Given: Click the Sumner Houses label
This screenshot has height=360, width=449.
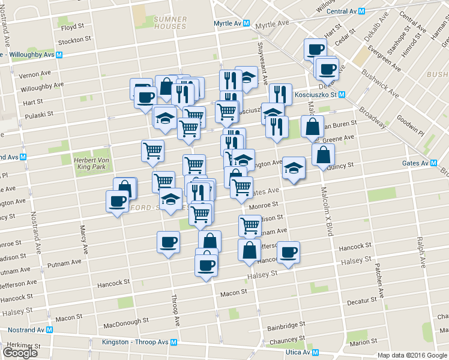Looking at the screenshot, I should tap(170, 23).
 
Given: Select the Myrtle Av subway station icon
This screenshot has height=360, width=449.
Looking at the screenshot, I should tap(246, 23).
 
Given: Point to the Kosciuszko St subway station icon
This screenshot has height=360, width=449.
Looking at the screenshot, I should tap(342, 95).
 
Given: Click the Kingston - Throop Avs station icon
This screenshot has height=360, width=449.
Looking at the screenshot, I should tap(173, 343).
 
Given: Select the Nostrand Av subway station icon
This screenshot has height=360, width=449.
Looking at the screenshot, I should tap(50, 330).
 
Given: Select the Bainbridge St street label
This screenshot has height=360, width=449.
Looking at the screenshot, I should tap(286, 326).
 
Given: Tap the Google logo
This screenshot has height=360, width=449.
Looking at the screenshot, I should tap(20, 353).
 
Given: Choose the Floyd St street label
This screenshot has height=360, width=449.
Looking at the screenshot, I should tap(71, 28).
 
